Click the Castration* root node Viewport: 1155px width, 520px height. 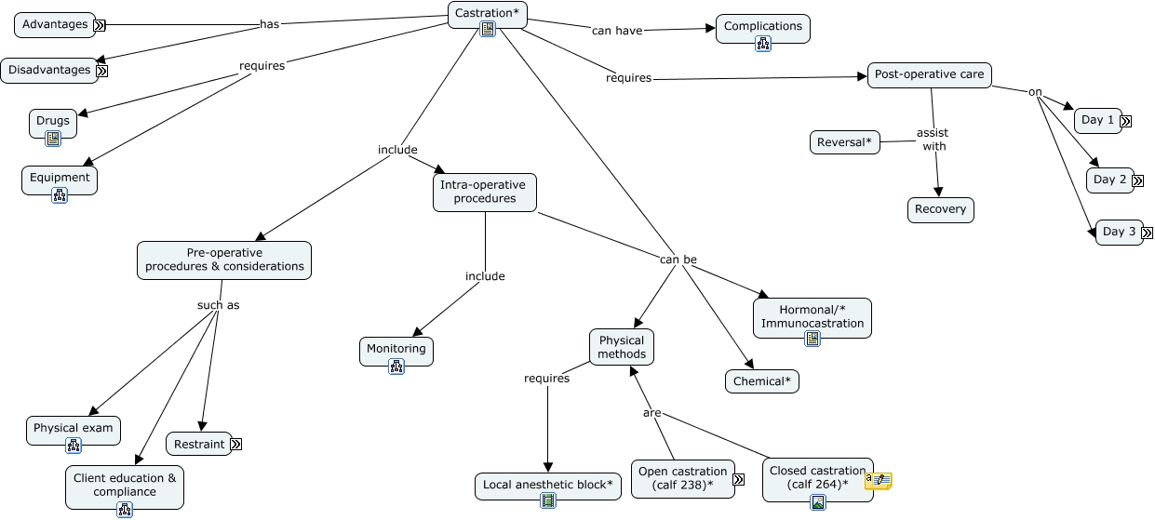pyautogui.click(x=487, y=13)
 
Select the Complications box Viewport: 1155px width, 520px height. pyautogui.click(x=762, y=27)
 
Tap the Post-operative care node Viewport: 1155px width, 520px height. pyautogui.click(x=929, y=74)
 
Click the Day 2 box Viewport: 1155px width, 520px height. pyautogui.click(x=1109, y=180)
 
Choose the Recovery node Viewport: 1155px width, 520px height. pyautogui.click(x=940, y=209)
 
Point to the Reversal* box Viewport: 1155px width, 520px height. pyautogui.click(x=844, y=142)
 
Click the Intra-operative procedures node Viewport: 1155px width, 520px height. pyautogui.click(x=484, y=192)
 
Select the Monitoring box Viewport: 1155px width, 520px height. pyautogui.click(x=396, y=350)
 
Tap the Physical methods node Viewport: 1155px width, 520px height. pyautogui.click(x=621, y=347)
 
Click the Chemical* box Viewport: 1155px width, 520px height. pyautogui.click(x=761, y=381)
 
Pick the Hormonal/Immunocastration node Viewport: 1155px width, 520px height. pyautogui.click(x=812, y=316)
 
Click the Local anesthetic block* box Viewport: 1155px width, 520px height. pyautogui.click(x=547, y=485)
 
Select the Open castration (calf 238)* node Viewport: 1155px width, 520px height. pyautogui.click(x=682, y=478)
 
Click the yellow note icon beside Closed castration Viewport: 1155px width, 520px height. pyautogui.click(x=879, y=480)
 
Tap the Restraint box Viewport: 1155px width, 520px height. pyautogui.click(x=198, y=444)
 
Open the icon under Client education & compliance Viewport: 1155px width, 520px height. pyautogui.click(x=125, y=509)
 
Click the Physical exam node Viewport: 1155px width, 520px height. pyautogui.click(x=73, y=429)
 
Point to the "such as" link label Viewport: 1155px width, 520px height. pyautogui.click(x=218, y=305)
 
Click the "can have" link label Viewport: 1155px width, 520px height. pyautogui.click(x=617, y=31)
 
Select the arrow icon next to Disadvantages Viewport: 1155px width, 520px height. pyautogui.click(x=102, y=70)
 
